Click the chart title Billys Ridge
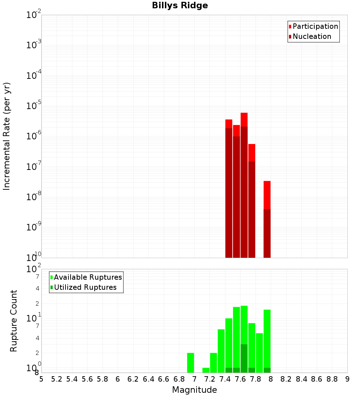coord(180,5)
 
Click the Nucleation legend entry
coord(312,36)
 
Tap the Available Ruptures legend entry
coord(88,277)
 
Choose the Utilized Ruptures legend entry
coord(85,287)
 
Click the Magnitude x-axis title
coord(194,390)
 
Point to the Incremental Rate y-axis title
coord(7,136)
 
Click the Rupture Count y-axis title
coord(14,321)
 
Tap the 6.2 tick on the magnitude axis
coord(133,379)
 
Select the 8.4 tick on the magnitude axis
coord(301,379)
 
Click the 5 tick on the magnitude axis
coord(41,379)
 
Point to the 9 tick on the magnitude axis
coord(347,379)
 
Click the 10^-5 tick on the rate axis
coord(34,106)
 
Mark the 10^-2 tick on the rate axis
coord(34,15)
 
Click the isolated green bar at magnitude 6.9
coord(190,363)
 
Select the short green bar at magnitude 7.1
coord(206,370)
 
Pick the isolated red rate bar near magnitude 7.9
coord(267,220)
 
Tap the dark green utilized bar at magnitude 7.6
coord(244,358)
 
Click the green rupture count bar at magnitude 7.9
coord(267,338)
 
